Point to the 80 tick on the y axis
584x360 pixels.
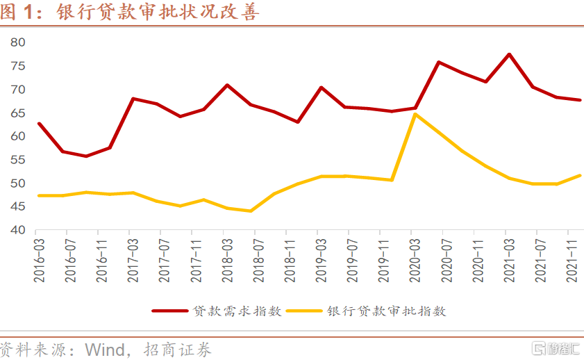18,42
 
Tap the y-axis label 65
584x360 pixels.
18,113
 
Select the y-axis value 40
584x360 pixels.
18,230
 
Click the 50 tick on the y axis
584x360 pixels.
18,183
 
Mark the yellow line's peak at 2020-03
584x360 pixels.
415,114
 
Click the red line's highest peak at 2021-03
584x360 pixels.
509,54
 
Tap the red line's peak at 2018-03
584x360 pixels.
226,85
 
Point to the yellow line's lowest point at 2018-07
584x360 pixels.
251,211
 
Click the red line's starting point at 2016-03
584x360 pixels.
39,124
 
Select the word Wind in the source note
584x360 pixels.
104,349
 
